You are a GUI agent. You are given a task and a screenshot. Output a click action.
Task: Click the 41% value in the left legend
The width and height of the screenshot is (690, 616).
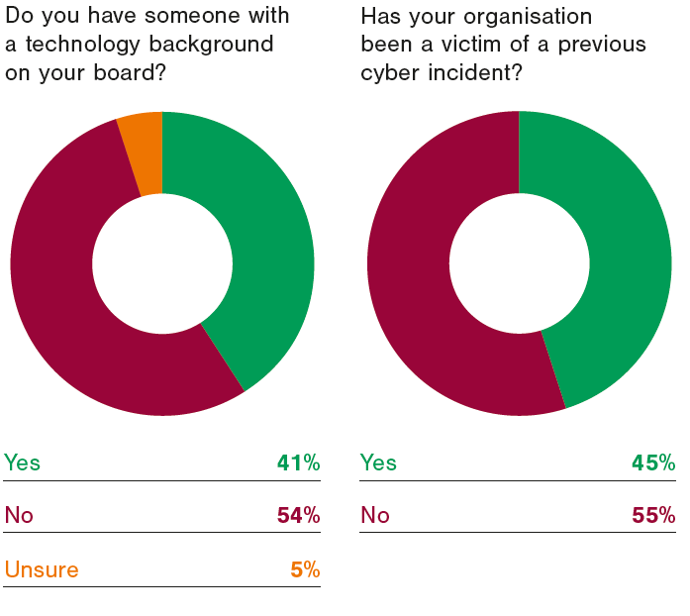[298, 462]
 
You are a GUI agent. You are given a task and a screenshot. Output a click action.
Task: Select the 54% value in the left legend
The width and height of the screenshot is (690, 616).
[298, 515]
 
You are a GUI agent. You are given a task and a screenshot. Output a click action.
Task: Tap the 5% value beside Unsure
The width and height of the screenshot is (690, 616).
[304, 569]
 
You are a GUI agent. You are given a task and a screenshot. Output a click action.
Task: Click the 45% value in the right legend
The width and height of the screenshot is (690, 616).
[654, 462]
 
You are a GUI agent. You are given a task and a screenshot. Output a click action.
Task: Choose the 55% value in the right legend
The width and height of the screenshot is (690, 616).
[654, 515]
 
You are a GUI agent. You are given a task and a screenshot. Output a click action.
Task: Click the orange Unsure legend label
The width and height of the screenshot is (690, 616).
[42, 569]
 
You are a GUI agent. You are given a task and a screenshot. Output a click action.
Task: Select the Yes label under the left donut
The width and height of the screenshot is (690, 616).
[23, 462]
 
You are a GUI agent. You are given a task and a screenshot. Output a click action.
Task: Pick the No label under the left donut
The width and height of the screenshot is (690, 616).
[19, 515]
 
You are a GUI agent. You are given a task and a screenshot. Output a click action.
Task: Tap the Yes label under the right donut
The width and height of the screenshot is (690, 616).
[378, 462]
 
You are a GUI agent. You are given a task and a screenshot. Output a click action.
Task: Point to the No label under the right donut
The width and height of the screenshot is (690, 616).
[374, 515]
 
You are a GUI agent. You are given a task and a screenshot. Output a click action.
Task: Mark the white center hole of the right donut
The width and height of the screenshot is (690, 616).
[519, 263]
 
